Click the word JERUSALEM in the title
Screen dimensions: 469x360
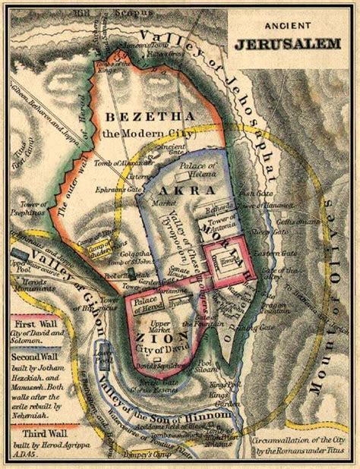tap(297, 44)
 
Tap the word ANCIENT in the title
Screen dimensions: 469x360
tap(297, 29)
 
